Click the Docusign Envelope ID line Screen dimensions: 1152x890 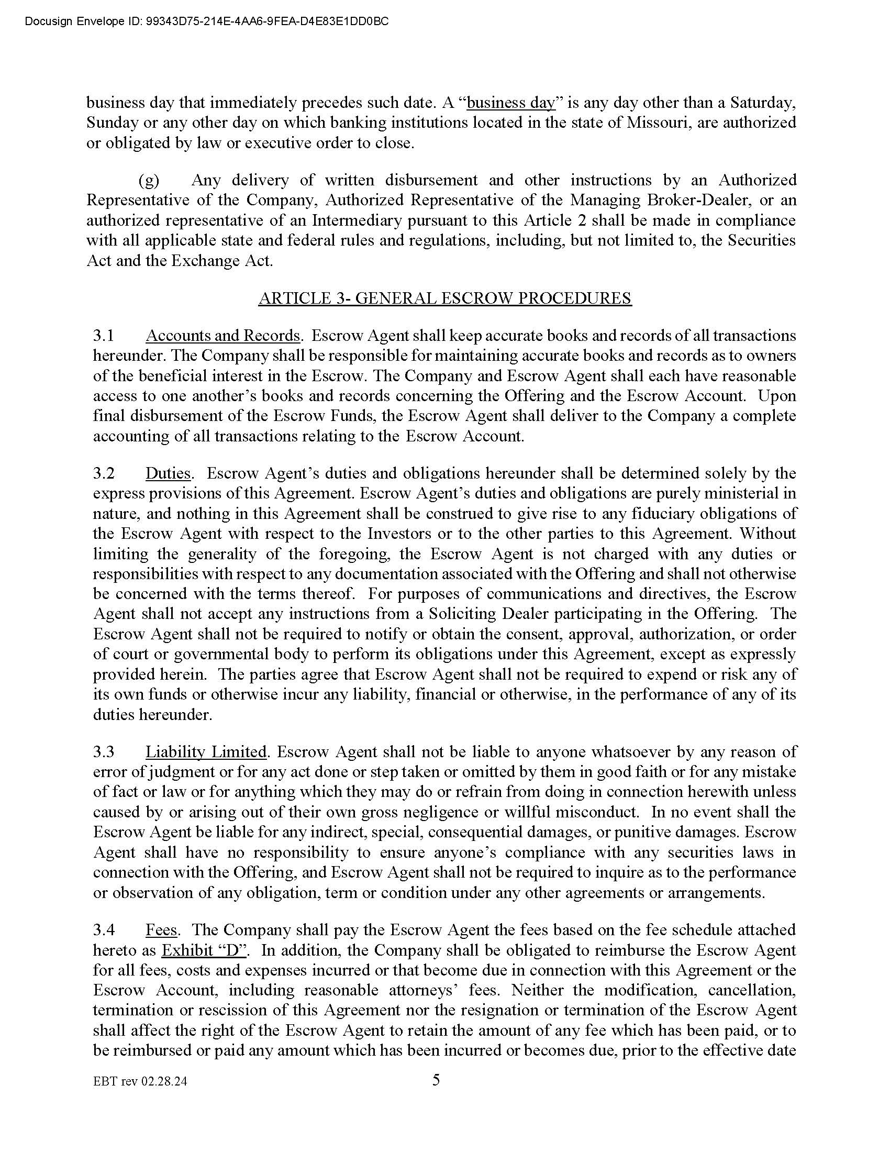pos(207,21)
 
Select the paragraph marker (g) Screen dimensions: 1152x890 pos(149,181)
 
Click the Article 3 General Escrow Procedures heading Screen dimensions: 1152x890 pos(444,298)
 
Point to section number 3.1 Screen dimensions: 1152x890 pos(104,336)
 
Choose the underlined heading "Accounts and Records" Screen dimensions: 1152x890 pos(222,336)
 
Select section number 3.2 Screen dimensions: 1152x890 pos(104,473)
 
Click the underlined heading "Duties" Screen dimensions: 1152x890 pos(168,473)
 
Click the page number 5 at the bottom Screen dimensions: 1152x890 pos(436,1080)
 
